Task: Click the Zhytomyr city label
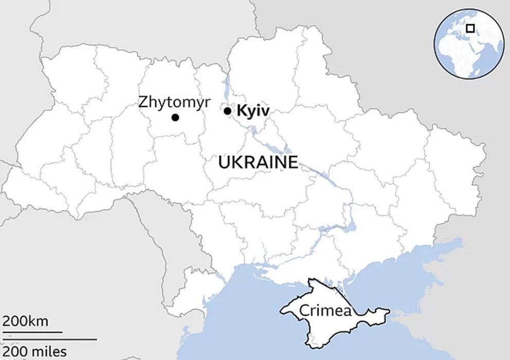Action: point(174,102)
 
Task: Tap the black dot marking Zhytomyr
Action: point(175,118)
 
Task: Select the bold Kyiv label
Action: point(253,111)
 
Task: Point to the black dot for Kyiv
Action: point(228,111)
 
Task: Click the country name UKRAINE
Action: point(258,163)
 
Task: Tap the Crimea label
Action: point(325,311)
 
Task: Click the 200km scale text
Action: point(26,322)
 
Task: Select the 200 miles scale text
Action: point(34,352)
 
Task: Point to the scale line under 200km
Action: point(31,332)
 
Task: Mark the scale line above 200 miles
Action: point(48,339)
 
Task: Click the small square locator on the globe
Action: point(470,29)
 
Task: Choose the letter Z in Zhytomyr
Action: point(143,102)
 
